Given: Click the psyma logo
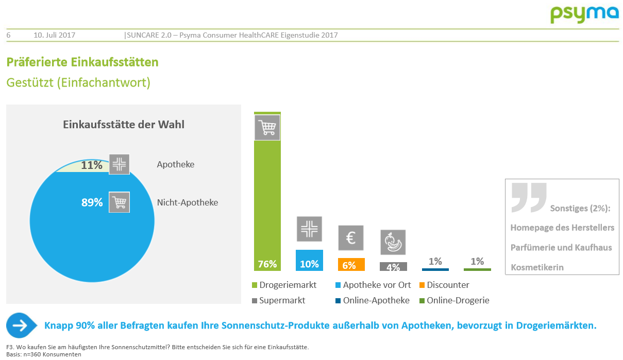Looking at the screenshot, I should click(584, 14).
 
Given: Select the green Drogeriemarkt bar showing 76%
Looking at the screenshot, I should click(267, 206).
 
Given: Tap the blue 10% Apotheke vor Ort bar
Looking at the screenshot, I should click(309, 261).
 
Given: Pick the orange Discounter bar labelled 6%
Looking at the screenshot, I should click(351, 265).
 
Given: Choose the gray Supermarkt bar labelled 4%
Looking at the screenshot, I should click(393, 267).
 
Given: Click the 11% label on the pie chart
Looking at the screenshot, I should click(92, 165).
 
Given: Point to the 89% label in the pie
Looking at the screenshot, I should click(92, 202).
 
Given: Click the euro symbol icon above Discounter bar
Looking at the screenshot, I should click(351, 238).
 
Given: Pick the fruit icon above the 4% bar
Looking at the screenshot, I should click(393, 242).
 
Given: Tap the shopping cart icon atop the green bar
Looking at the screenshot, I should click(267, 127).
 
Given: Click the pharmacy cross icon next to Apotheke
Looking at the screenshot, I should click(119, 164).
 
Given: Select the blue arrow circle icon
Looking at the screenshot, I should click(21, 325).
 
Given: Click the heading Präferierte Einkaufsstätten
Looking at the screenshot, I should click(82, 62).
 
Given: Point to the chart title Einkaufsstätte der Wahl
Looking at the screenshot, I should click(124, 125).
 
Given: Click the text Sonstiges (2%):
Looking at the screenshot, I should click(580, 209).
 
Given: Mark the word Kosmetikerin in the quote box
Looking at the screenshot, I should click(537, 267).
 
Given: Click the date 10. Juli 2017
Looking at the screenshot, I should click(55, 35).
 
